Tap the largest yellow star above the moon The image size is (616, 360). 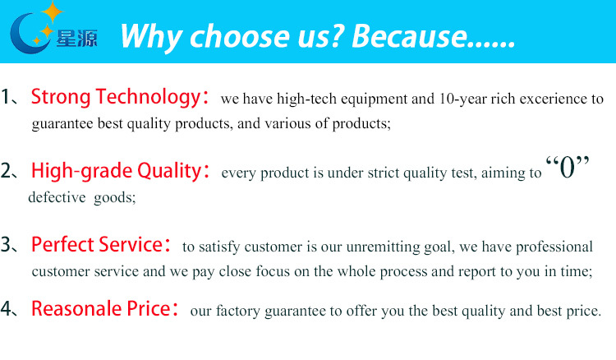click(x=53, y=12)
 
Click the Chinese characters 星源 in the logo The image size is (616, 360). click(x=76, y=39)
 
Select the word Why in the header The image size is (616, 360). click(x=151, y=37)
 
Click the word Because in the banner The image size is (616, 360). click(x=409, y=36)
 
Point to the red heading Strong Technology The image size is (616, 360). click(x=116, y=97)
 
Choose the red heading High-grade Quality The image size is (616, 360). click(x=117, y=171)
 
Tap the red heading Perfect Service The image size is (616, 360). click(x=97, y=244)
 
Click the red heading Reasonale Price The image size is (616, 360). click(x=100, y=308)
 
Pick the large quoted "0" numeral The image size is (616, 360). click(x=568, y=168)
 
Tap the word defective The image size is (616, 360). click(x=57, y=197)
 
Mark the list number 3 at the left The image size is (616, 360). click(x=7, y=244)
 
